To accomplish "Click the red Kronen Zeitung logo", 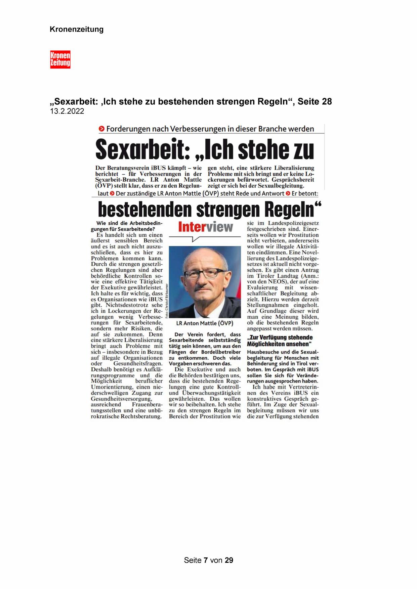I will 60,59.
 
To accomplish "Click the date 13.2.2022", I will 67,111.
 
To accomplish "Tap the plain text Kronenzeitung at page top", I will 77,30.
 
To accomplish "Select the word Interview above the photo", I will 205,227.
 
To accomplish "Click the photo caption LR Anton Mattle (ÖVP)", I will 205,323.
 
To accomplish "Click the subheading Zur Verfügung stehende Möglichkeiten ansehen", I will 280,341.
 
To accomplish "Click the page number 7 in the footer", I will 206,560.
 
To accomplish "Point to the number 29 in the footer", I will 229,560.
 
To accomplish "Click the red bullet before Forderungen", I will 101,129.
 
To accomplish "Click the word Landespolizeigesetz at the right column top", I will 292,223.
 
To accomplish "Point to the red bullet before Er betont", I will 288,193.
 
